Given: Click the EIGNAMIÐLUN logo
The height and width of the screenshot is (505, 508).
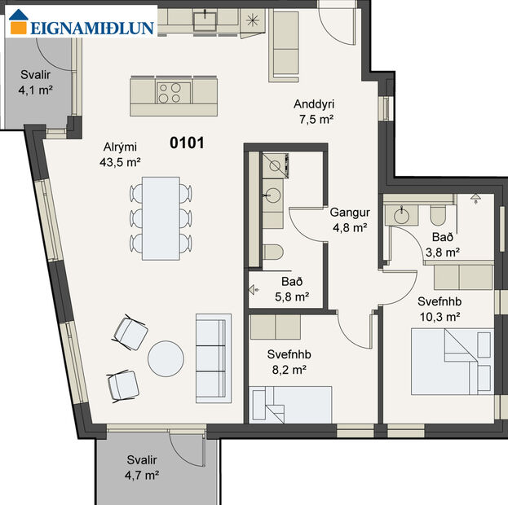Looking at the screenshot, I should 81,26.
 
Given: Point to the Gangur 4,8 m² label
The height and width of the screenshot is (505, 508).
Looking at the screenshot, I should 350,220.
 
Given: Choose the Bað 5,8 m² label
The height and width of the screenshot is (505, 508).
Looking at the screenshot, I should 290,290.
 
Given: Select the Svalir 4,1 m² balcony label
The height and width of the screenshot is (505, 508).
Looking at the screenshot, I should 35,82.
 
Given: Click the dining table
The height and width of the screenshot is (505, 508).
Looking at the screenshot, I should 161,218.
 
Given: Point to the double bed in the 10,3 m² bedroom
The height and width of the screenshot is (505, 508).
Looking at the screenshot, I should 452,360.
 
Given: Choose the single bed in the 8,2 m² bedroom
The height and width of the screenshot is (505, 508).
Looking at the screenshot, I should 292,404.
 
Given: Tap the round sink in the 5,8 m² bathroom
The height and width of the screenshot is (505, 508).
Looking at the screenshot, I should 272,195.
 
